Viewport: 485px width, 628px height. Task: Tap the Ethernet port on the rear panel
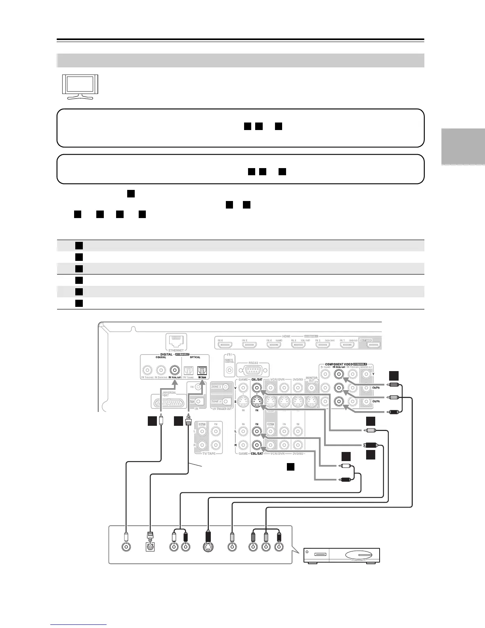(x=176, y=341)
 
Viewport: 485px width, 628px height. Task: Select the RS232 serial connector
(x=252, y=371)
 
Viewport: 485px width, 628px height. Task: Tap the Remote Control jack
(x=229, y=371)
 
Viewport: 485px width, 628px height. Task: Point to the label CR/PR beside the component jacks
(x=375, y=401)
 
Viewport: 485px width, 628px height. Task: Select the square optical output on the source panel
(x=151, y=547)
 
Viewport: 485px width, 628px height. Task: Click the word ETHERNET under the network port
(x=176, y=350)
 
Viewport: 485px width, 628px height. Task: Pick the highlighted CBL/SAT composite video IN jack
(x=257, y=387)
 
